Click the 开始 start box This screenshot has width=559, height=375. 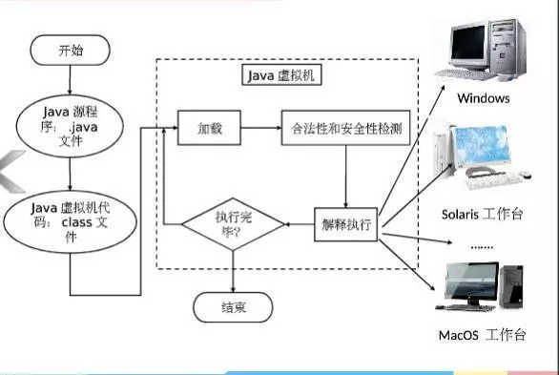coord(69,51)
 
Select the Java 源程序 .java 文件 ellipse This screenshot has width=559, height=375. coord(69,124)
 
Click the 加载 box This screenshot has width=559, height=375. coord(209,127)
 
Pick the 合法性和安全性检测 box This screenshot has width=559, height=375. coord(344,127)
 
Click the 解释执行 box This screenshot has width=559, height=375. coord(346,225)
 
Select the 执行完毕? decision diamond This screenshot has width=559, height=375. coord(233,225)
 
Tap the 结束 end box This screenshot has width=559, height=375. coord(233,307)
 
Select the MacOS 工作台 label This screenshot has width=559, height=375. coord(483,335)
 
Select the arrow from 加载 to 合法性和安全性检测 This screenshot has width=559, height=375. coord(259,127)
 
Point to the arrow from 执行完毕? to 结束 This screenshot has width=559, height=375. coord(233,272)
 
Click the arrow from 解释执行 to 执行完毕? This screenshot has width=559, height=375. coord(300,225)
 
